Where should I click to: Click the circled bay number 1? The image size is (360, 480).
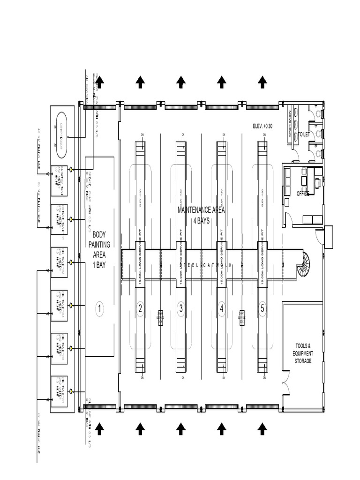99,308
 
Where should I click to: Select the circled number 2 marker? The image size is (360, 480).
140,308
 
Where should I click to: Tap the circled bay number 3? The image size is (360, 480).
180,308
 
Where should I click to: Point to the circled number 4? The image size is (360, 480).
221,308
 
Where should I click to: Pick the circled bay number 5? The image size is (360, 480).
262,308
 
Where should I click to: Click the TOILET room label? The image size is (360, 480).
304,134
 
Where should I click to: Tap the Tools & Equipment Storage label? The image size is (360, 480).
302,353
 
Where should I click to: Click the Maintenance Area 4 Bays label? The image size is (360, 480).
201,215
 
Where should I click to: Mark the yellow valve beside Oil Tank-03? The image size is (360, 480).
71,305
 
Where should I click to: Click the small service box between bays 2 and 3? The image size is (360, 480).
160,317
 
